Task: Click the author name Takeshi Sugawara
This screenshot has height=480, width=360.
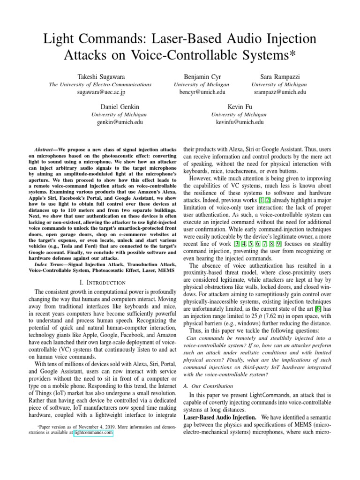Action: [x=101, y=76]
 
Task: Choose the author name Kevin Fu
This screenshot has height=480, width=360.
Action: [x=240, y=106]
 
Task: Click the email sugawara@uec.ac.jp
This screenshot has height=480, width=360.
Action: [x=101, y=92]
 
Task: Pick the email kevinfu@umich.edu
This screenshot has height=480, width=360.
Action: [x=240, y=122]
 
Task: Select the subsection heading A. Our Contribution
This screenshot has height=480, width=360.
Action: [x=208, y=386]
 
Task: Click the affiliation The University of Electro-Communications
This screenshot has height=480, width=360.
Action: [x=101, y=84]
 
